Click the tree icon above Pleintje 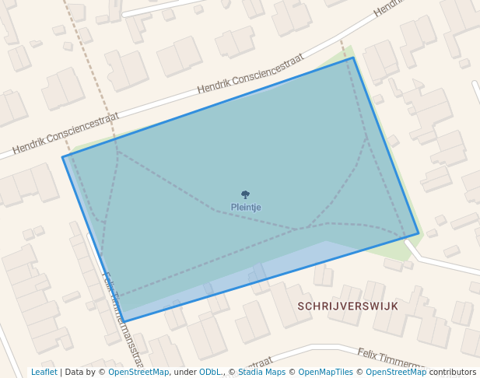tap(246, 194)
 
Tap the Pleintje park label tap(246, 208)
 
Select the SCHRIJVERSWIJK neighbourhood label tap(348, 306)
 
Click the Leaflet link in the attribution tap(44, 373)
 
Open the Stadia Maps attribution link tap(261, 373)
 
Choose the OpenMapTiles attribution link tap(325, 373)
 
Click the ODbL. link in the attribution tap(211, 373)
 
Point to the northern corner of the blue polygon tap(353, 58)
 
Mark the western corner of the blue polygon tap(63, 158)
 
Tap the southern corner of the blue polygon tap(124, 321)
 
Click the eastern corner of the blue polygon tap(419, 233)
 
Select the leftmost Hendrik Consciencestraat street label tap(65, 132)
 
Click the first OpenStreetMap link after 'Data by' tap(138, 373)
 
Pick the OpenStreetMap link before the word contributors tap(396, 373)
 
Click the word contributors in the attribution tap(453, 373)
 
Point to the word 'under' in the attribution tap(185, 373)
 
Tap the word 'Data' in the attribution tap(75, 373)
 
